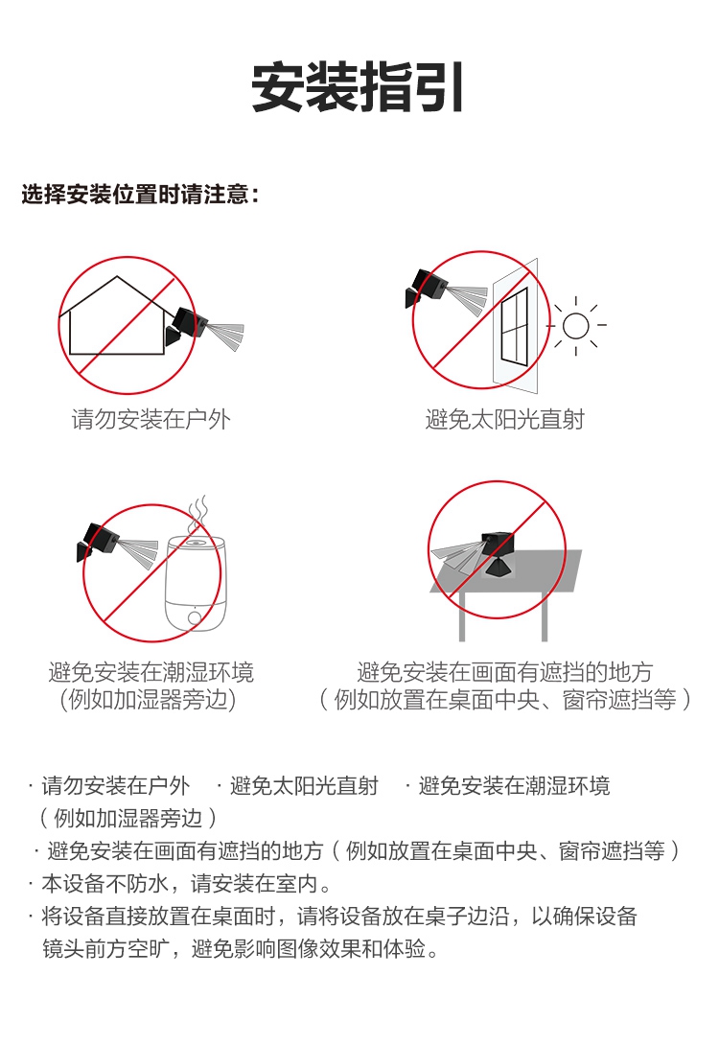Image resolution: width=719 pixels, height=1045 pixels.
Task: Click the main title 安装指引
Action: [x=358, y=88]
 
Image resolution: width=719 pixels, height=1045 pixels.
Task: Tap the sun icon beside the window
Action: [x=576, y=326]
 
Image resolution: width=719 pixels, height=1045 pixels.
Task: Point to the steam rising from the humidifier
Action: [x=197, y=513]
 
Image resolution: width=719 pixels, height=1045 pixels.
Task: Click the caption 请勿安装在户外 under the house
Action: [x=151, y=419]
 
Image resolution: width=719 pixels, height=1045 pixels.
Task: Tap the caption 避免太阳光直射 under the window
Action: [x=504, y=419]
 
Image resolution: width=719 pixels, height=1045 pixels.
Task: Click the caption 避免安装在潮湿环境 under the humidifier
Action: [x=151, y=672]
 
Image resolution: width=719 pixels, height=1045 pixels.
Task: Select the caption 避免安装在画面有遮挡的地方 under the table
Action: [x=504, y=672]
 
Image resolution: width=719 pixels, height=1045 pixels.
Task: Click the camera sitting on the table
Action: [x=497, y=554]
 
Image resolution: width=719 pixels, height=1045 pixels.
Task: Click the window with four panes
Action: [x=515, y=326]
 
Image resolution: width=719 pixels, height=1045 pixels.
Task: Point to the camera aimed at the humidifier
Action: [x=99, y=542]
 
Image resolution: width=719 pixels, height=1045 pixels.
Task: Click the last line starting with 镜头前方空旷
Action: [x=241, y=948]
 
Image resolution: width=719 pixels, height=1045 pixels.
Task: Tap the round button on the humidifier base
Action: [x=196, y=617]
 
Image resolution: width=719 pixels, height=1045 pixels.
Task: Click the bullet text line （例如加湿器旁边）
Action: [x=128, y=818]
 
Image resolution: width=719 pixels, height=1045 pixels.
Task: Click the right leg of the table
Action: [x=545, y=615]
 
